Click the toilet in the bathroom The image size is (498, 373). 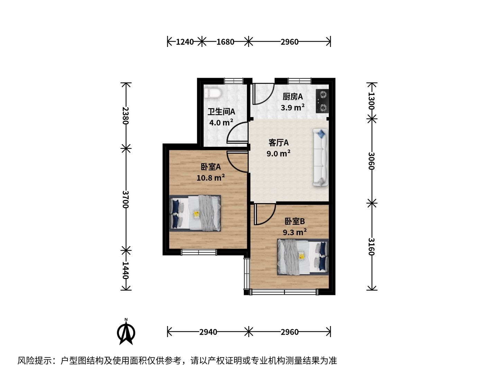[x=212, y=93]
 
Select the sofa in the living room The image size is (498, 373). [x=321, y=157]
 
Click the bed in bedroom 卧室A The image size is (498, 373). [x=195, y=213]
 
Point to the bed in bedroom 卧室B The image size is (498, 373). [x=303, y=257]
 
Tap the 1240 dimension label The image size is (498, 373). [x=185, y=42]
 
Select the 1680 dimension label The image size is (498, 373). [x=225, y=42]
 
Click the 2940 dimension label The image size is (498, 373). [x=208, y=332]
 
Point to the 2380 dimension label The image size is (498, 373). [x=126, y=115]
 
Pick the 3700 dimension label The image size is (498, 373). [x=126, y=199]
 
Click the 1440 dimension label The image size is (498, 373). [x=126, y=270]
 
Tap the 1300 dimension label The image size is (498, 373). [x=371, y=101]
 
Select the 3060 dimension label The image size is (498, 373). [x=371, y=161]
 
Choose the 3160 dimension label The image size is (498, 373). [x=371, y=247]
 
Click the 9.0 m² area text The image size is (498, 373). [x=278, y=154]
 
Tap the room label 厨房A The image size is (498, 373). [x=293, y=97]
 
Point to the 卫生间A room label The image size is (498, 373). [x=221, y=112]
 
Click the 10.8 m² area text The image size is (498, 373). [x=211, y=178]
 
